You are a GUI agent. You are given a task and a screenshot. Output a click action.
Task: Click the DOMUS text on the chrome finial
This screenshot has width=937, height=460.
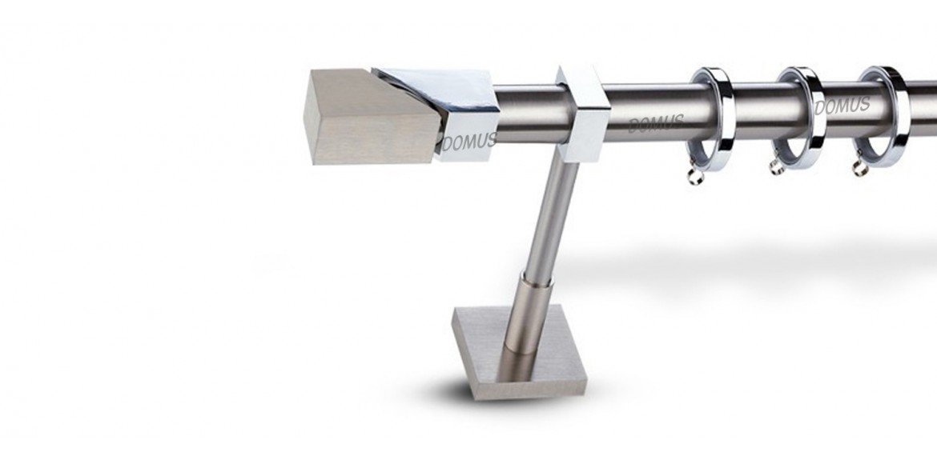469,142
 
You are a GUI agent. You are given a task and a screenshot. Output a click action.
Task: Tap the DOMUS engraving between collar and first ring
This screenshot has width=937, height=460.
656,123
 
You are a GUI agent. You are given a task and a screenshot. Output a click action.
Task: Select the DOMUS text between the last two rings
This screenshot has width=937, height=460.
842,106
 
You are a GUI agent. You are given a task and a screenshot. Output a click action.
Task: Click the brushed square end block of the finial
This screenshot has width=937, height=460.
371,116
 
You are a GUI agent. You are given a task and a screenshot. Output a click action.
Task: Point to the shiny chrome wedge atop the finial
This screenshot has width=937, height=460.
441,90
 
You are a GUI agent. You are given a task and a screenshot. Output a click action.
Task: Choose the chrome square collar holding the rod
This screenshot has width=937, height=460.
582,114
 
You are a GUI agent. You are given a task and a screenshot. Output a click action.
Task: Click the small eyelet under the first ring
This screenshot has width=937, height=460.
695,175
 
